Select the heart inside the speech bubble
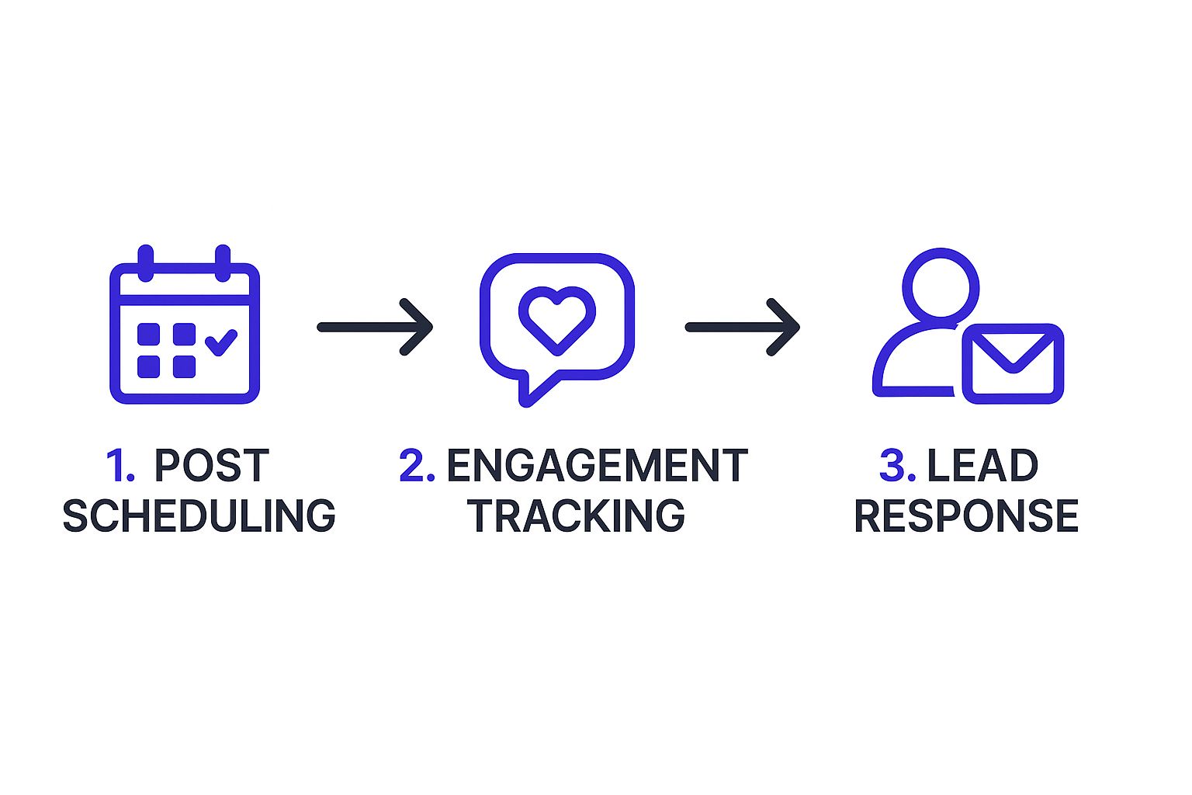click(x=557, y=318)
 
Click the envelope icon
click(x=1013, y=363)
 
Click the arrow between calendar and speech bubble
click(x=375, y=327)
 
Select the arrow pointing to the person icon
click(x=742, y=327)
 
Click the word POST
click(x=211, y=466)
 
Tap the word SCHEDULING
click(x=199, y=516)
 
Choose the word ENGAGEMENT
click(x=597, y=466)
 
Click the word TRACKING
click(x=576, y=516)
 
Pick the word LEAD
click(x=982, y=466)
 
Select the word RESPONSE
click(x=966, y=516)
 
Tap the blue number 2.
click(x=416, y=466)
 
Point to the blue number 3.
click(x=896, y=466)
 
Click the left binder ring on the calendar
click(x=145, y=262)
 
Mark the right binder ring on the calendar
click(x=223, y=262)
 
